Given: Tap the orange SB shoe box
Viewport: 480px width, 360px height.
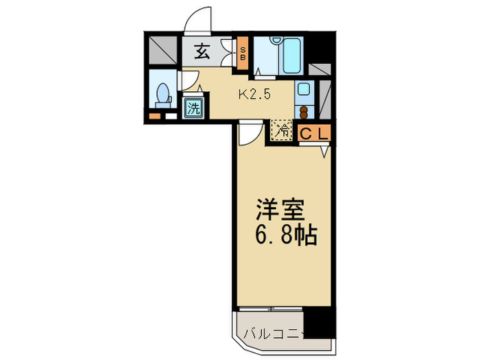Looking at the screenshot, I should [242, 53].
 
